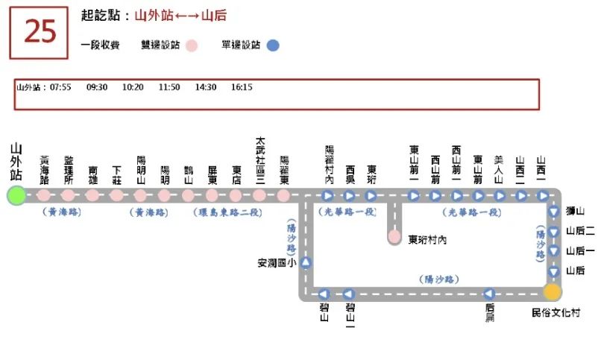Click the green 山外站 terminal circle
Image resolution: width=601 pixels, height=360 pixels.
click(16, 196)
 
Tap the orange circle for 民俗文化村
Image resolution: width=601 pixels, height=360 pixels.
click(553, 292)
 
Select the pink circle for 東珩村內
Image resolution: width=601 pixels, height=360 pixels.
click(394, 237)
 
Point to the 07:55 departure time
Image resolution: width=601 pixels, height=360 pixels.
click(60, 87)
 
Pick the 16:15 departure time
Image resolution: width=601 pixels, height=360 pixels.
click(242, 87)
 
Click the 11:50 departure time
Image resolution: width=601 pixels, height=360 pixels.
click(169, 87)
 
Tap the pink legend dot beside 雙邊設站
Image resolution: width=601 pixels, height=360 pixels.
click(192, 45)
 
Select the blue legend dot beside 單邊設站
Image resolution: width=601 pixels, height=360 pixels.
click(273, 45)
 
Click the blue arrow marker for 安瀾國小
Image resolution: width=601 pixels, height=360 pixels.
click(306, 262)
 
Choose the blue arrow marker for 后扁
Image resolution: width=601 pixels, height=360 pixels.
click(489, 294)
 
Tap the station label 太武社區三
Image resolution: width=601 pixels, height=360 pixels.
click(260, 160)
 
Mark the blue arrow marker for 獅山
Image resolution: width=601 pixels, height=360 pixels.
click(553, 212)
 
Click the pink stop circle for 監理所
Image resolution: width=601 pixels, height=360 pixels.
click(68, 196)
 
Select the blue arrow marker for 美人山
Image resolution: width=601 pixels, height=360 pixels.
click(500, 196)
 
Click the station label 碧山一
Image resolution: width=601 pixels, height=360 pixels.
click(350, 316)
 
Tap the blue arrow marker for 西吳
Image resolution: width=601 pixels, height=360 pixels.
click(350, 196)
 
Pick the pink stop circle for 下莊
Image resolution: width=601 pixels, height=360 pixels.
click(116, 196)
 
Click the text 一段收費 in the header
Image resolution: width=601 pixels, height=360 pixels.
click(100, 45)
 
